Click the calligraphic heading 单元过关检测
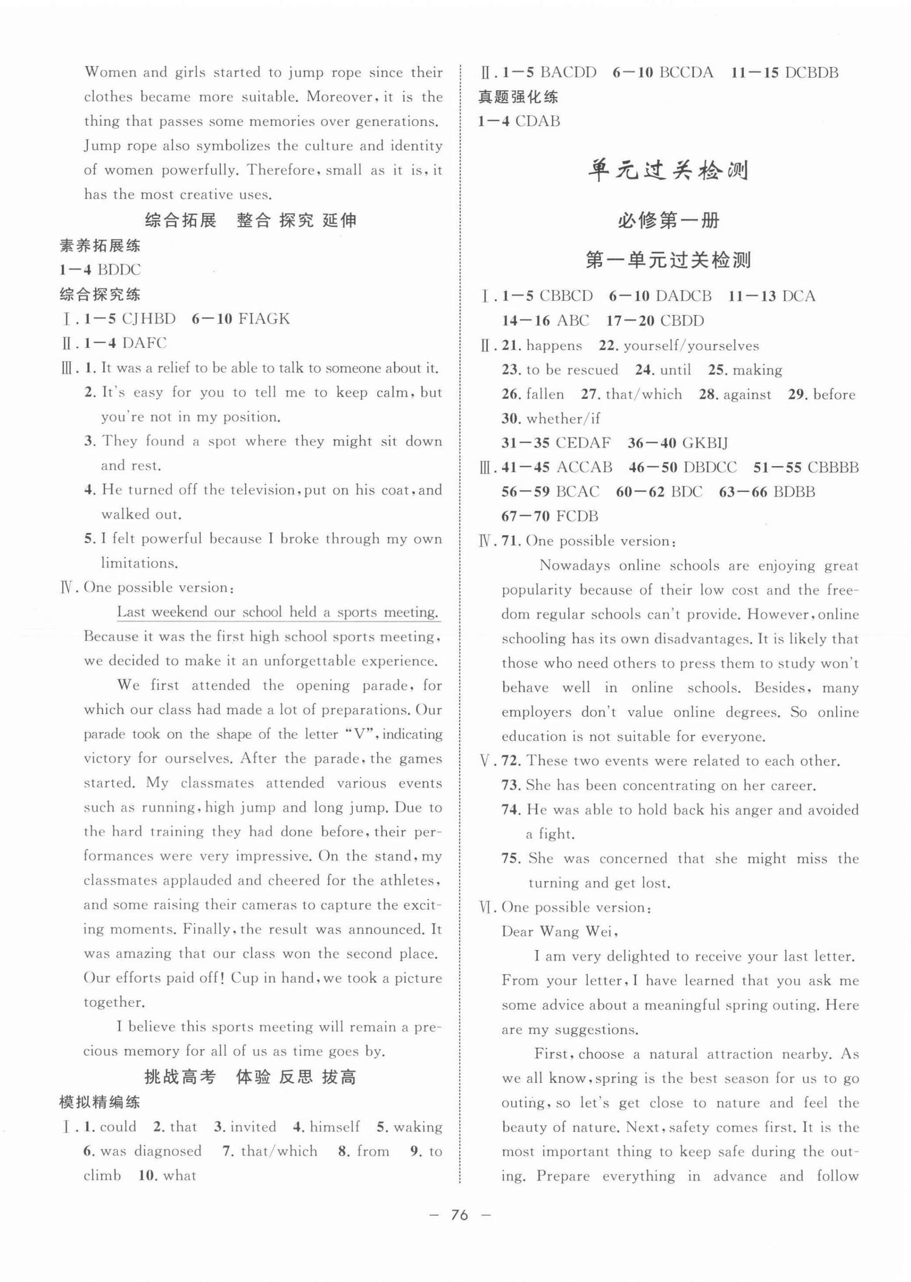pyautogui.click(x=668, y=170)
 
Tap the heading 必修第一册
pyautogui.click(x=668, y=221)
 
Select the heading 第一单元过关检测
pyautogui.click(x=668, y=260)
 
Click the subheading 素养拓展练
pyautogui.click(x=100, y=245)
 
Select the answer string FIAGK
pyautogui.click(x=264, y=319)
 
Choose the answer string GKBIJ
pyautogui.click(x=702, y=443)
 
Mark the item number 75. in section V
pyautogui.click(x=511, y=858)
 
